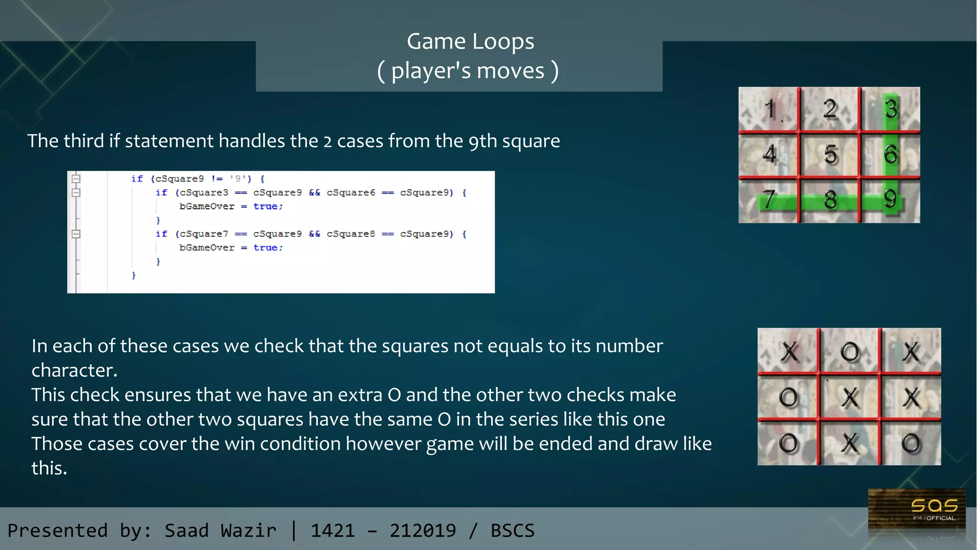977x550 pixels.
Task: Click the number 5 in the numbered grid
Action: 831,154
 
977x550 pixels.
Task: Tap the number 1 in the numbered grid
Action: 769,109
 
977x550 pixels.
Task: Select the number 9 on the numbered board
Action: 890,198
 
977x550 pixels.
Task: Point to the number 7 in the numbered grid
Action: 768,199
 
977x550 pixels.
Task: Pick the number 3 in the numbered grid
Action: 891,109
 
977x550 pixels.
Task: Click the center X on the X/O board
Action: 850,397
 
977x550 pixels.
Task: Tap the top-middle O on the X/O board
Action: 850,352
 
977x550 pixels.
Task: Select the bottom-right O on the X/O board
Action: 911,443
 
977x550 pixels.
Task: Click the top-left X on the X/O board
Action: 790,352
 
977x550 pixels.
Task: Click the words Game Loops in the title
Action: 470,41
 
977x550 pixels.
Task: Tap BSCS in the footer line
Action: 512,530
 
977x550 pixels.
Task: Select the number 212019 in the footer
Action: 423,530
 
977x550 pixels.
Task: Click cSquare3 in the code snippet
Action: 204,193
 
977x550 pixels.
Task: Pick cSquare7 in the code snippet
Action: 204,234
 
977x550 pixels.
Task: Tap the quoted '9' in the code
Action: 238,179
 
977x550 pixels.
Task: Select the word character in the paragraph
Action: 74,370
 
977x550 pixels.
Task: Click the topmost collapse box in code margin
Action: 76,179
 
